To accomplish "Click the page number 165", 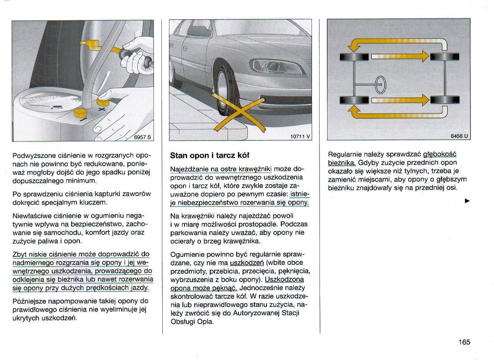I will coord(464,342).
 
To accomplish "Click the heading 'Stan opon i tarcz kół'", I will coord(210,155).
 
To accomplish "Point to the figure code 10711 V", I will coord(300,136).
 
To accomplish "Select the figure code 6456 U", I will coord(459,136).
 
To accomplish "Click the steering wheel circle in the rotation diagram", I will coord(380,85).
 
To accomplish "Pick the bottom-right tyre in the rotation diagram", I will coord(444,100).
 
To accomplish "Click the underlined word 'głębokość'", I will coord(440,154).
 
